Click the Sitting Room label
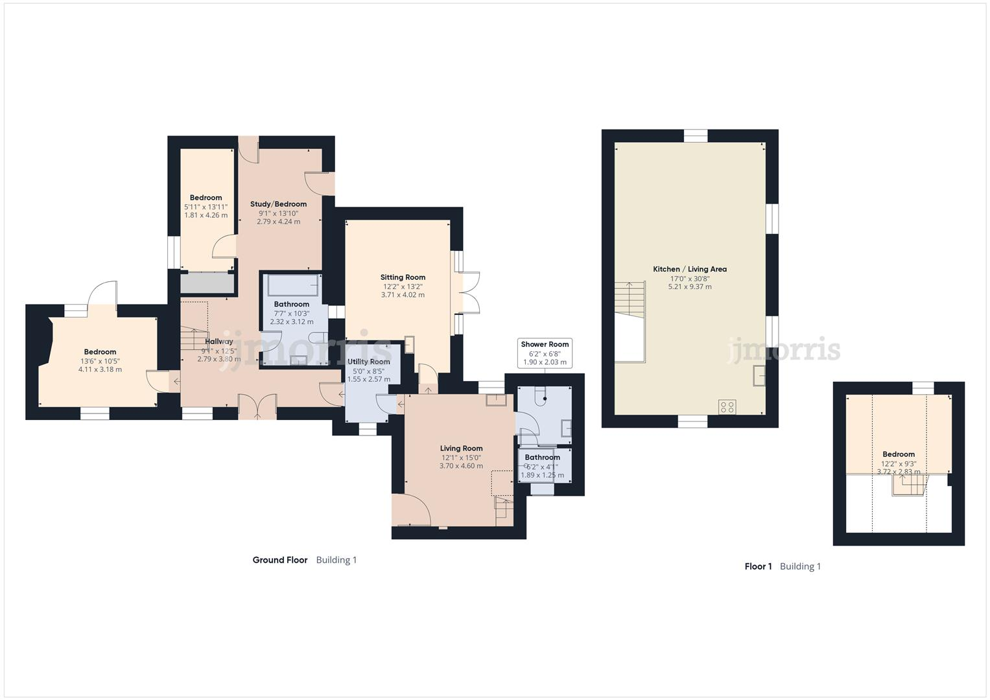(403, 277)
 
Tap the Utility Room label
(369, 362)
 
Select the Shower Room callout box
(545, 353)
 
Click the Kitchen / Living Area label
(689, 269)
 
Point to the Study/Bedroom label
(278, 204)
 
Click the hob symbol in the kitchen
(727, 407)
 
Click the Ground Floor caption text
(279, 560)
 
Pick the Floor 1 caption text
(758, 566)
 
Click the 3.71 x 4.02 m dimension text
(403, 295)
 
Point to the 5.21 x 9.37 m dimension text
(689, 286)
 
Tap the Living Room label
(461, 449)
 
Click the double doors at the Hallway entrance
(257, 407)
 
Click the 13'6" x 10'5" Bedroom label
(100, 352)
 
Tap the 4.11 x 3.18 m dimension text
(100, 369)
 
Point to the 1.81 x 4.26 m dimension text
(206, 215)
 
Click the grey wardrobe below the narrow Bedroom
(207, 283)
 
